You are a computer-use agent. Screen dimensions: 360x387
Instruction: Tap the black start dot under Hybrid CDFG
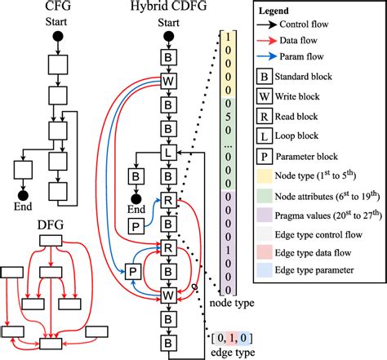click(168, 37)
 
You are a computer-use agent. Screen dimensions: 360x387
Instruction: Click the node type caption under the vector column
click(229, 304)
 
